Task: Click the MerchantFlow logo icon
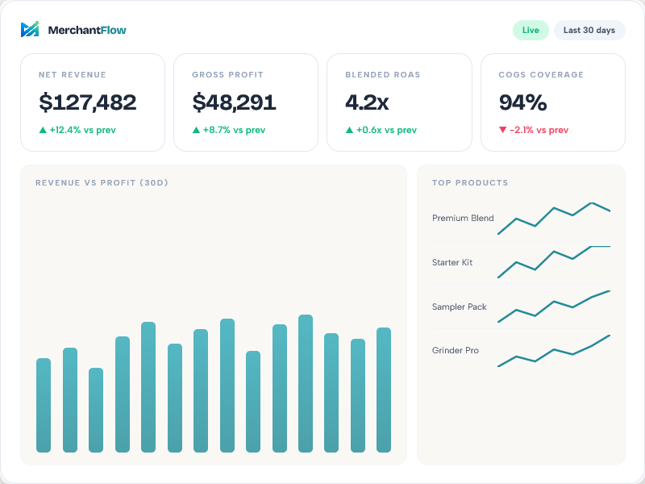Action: [30, 30]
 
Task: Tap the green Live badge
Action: [531, 31]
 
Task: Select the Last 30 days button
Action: [589, 31]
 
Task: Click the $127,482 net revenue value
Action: [88, 102]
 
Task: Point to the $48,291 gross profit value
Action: [234, 102]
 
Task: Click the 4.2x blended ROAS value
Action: [367, 102]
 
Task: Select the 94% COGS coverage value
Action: [522, 102]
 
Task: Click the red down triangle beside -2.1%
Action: [503, 130]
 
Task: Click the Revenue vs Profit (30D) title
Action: [102, 183]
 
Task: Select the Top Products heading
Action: [470, 183]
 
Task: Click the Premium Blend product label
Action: [463, 219]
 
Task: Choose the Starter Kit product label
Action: [452, 263]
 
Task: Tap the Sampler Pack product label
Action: [460, 307]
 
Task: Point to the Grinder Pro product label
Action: [456, 351]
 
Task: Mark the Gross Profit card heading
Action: [227, 75]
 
